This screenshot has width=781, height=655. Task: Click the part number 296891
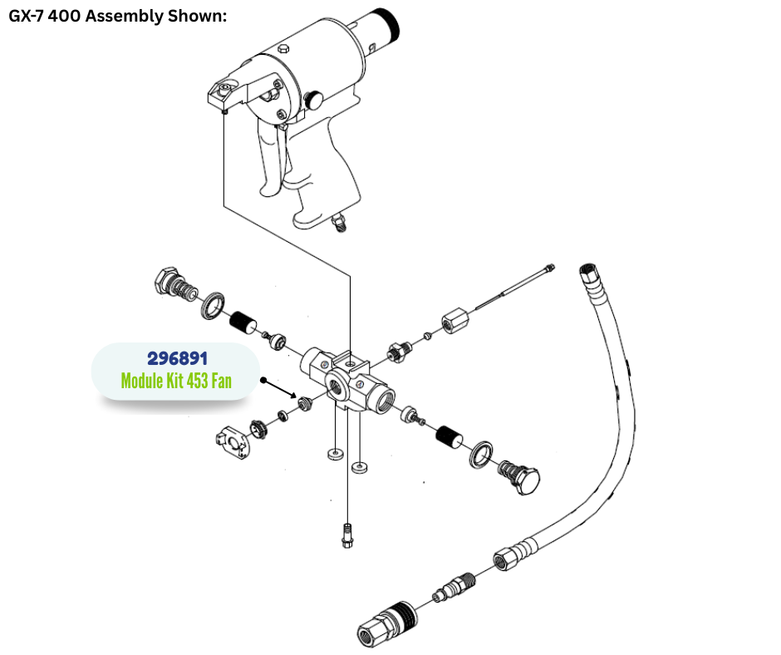click(x=177, y=358)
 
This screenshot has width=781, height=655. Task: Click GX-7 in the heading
click(x=31, y=17)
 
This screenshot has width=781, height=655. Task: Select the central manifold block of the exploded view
click(x=348, y=378)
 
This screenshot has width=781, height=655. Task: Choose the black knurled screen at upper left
click(x=242, y=322)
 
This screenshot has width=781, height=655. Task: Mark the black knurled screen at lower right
click(x=450, y=435)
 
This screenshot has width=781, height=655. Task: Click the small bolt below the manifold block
click(x=346, y=535)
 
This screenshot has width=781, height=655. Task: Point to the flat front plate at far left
click(x=231, y=441)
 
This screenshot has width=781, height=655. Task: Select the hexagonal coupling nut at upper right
click(x=455, y=320)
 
